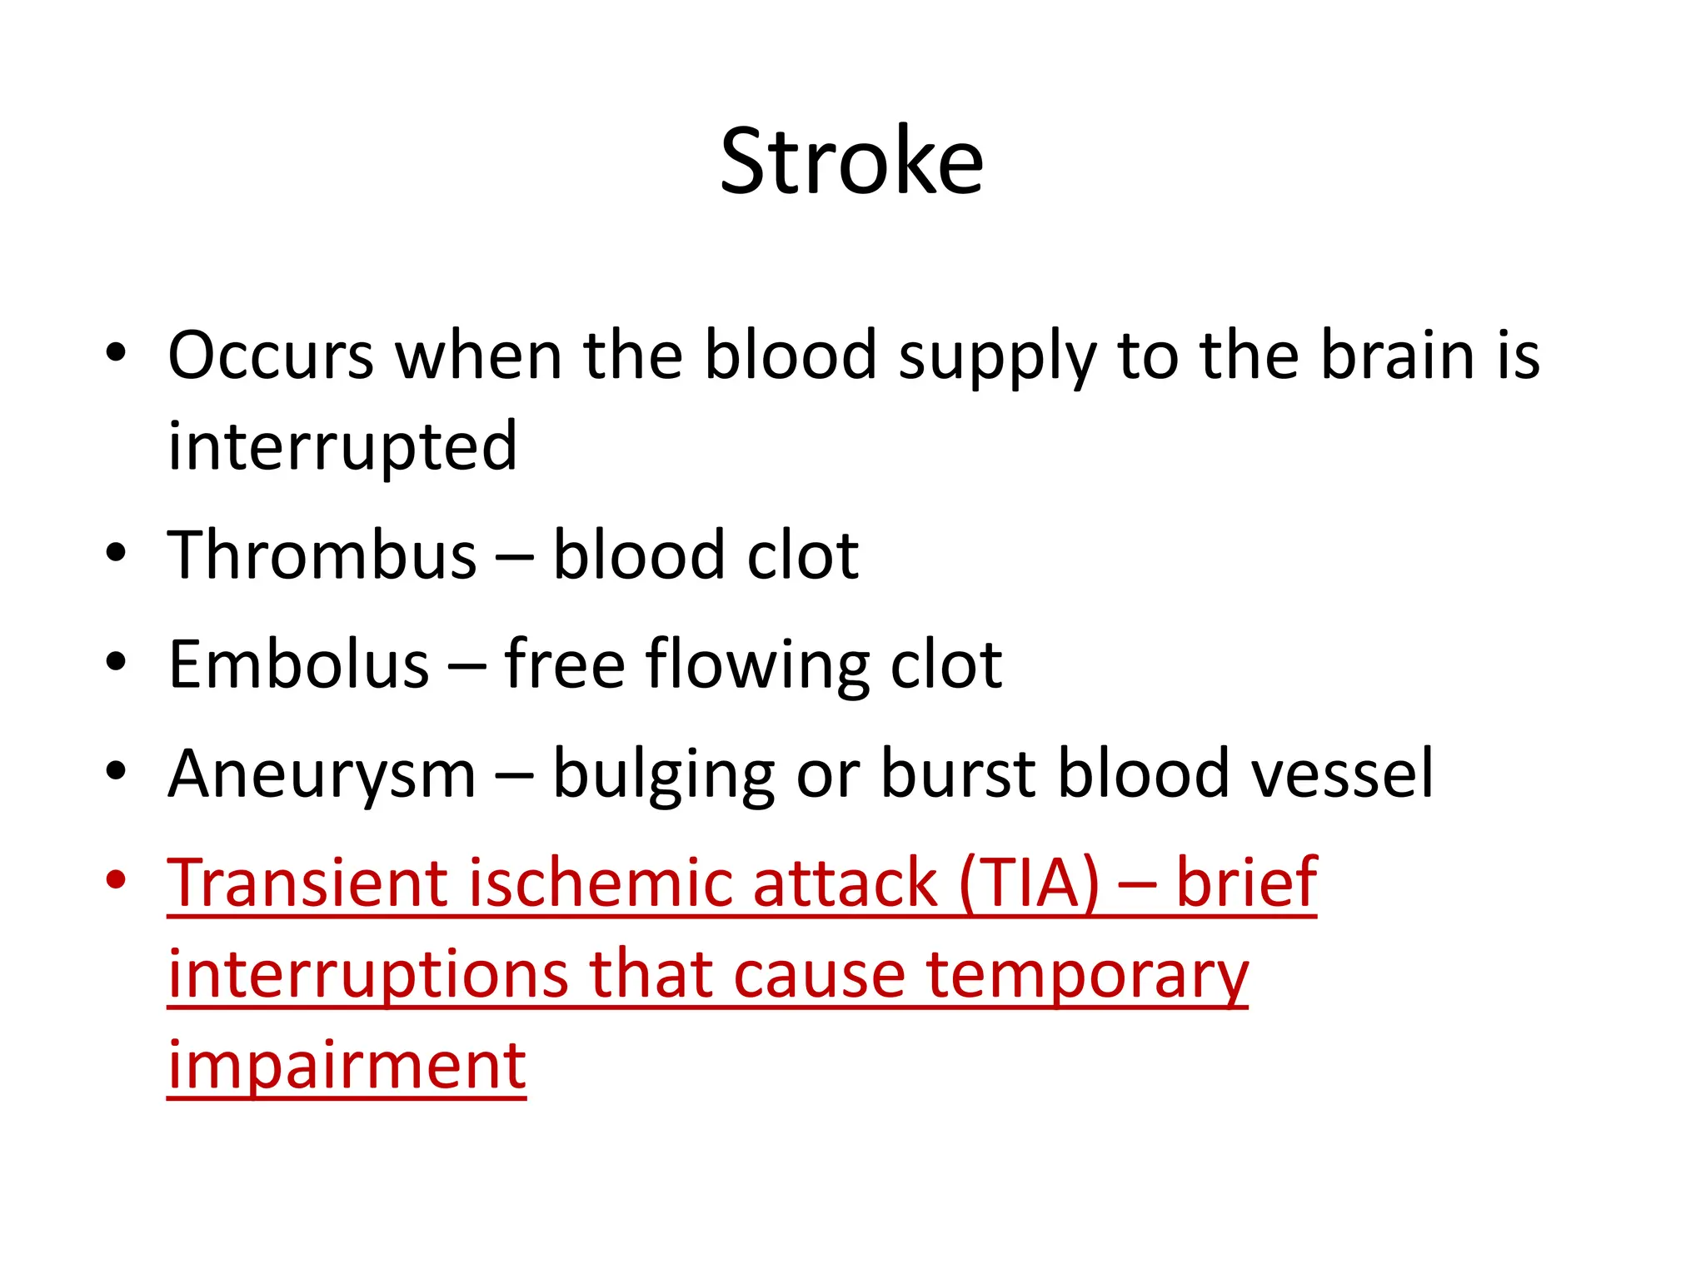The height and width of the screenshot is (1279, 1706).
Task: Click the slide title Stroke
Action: coord(851,162)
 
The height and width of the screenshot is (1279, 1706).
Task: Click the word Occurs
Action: coord(271,356)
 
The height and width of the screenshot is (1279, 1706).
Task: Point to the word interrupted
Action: coord(342,447)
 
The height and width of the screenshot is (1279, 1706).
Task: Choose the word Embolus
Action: coord(298,664)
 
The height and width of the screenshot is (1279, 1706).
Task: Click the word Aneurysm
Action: coord(322,774)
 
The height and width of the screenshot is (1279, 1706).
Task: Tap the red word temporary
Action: coord(1087,976)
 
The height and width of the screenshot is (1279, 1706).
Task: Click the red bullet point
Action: coord(116,879)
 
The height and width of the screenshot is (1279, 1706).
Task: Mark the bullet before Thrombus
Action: coord(116,552)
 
